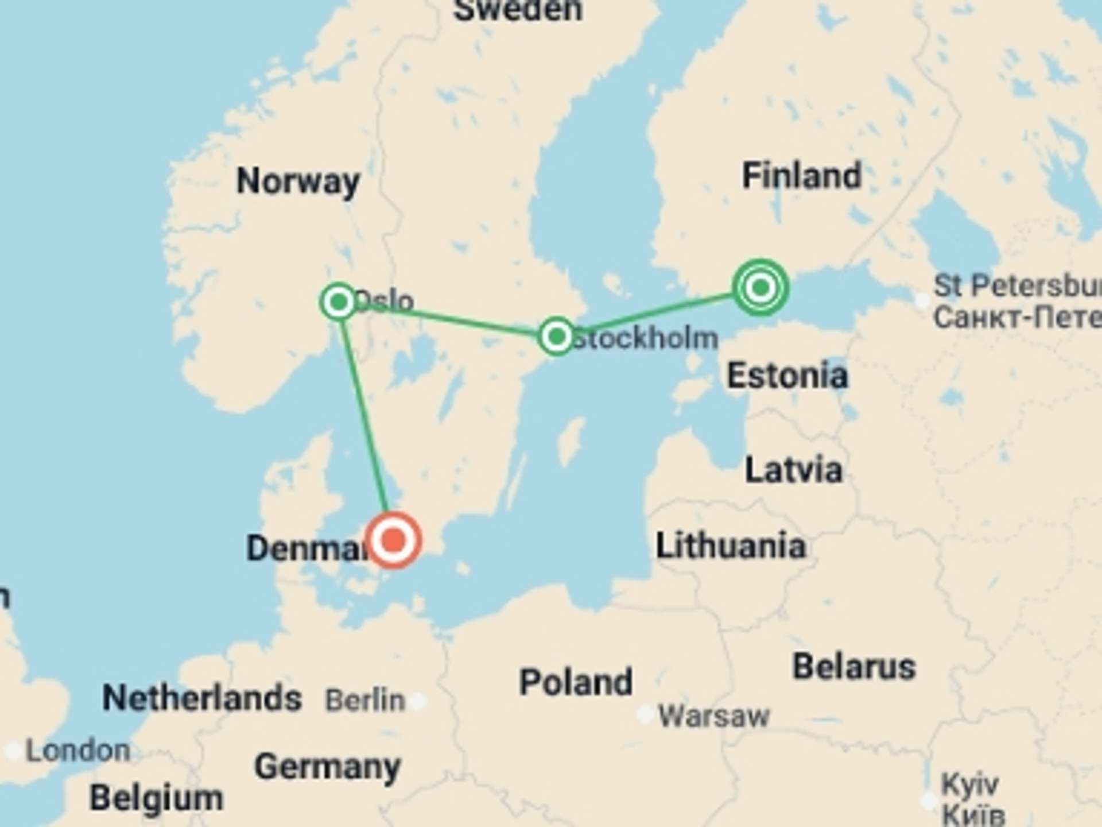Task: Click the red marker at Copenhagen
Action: point(394,540)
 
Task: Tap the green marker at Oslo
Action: point(339,301)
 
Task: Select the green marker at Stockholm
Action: point(556,336)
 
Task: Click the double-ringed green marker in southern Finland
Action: point(760,287)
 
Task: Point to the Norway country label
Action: point(298,182)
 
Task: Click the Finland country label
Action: point(802,176)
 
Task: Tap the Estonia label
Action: point(787,376)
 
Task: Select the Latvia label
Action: point(793,470)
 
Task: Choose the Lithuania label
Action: point(730,546)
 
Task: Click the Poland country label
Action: point(576,682)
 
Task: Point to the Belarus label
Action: point(853,667)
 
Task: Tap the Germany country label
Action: point(327,767)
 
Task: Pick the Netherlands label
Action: point(201,698)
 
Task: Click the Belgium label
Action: point(156,798)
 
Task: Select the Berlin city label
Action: point(365,701)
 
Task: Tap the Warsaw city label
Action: point(713,716)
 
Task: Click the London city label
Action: point(78,751)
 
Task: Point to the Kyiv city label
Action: point(970,785)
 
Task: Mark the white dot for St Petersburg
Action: point(922,300)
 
